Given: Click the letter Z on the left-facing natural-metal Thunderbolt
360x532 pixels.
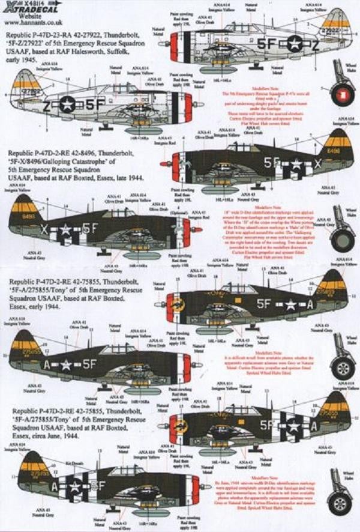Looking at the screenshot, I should [44, 103].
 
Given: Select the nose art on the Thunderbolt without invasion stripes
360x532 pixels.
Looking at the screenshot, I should [178, 304].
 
